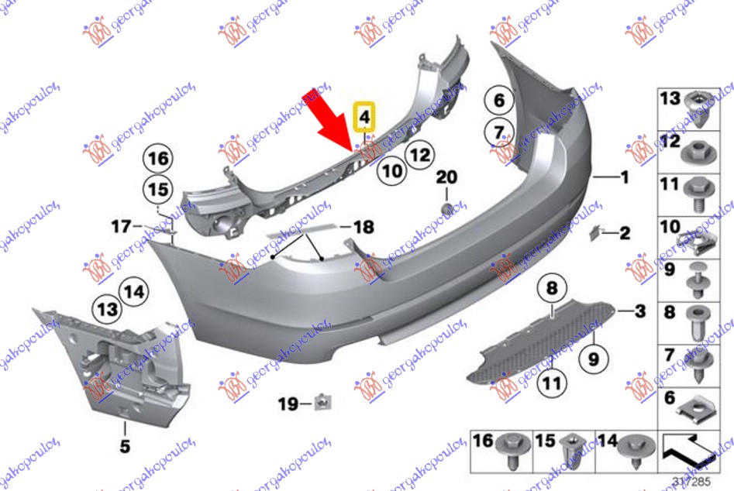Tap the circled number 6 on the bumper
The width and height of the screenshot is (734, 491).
[498, 100]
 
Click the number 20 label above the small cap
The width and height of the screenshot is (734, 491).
[446, 177]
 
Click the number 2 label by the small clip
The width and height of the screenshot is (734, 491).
[625, 232]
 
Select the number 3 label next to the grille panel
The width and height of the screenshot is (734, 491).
[639, 312]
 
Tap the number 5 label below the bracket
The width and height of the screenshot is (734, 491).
[125, 446]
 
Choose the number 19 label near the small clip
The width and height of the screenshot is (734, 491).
[288, 403]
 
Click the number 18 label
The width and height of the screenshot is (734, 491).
[363, 228]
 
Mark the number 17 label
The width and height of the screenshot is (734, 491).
[121, 227]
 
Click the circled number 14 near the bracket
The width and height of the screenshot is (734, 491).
[133, 292]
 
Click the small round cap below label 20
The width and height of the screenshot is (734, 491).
[446, 208]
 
